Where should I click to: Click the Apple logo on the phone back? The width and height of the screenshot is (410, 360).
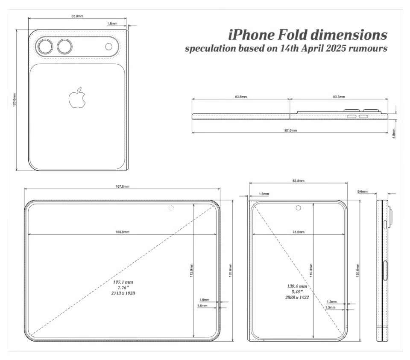tap(78, 98)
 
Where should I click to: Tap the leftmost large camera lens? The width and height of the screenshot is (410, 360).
tap(44, 47)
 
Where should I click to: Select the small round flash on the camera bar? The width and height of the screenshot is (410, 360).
tap(108, 47)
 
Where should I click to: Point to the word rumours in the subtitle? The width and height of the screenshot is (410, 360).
tap(368, 48)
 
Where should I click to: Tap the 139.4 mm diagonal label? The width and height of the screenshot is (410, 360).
tap(297, 286)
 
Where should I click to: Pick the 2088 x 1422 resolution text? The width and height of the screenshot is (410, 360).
tap(297, 297)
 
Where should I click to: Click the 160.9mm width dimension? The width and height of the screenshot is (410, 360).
tap(122, 232)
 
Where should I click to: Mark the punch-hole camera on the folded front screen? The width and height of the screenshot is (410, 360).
tap(299, 208)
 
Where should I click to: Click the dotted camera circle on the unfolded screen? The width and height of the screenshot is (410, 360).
tap(172, 208)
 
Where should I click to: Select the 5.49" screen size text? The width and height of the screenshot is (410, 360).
tap(297, 292)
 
